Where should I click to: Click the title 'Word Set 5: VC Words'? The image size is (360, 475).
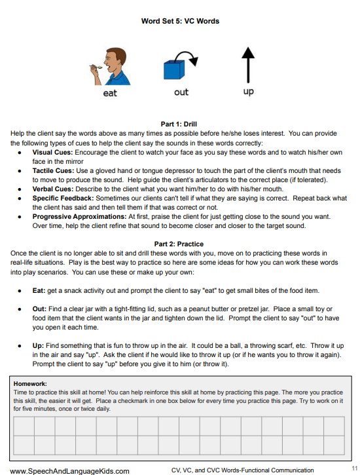(x=180, y=21)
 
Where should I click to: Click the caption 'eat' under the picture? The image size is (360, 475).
(x=110, y=94)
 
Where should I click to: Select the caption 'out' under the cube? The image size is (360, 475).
(x=181, y=92)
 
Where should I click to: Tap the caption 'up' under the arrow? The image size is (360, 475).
(x=248, y=92)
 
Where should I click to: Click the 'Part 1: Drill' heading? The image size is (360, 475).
(x=179, y=124)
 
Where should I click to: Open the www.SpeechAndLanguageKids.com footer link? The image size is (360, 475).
(x=69, y=470)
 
